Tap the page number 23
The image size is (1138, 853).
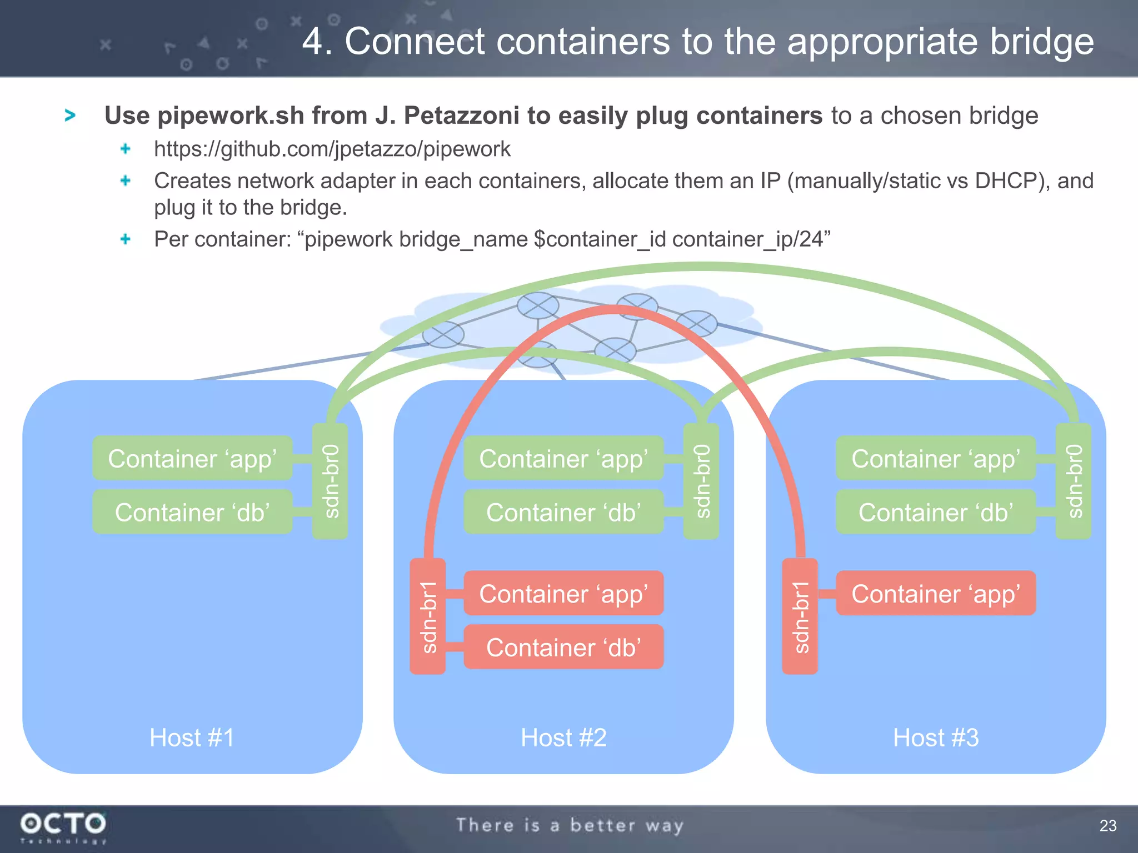coord(1107,826)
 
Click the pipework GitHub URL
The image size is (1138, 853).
coord(332,149)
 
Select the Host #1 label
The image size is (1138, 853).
coord(192,737)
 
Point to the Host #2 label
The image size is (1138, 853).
coord(563,737)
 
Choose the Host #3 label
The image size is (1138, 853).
coord(936,737)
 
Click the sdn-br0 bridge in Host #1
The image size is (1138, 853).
coord(330,481)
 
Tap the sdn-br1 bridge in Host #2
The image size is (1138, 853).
coord(427,616)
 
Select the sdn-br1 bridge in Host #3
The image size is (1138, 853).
coord(800,616)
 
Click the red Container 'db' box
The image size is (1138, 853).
coord(563,647)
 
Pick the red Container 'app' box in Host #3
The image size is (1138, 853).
coord(936,593)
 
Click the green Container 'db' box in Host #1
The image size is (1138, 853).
coord(192,512)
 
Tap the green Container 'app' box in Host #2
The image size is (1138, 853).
coord(563,458)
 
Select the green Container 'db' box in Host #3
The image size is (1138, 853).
coord(936,512)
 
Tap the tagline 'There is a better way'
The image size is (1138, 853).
coord(570,825)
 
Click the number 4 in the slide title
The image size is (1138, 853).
coord(313,42)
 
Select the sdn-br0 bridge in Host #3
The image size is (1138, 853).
coord(1074,481)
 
